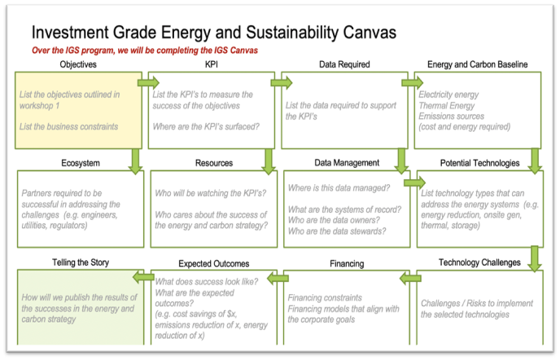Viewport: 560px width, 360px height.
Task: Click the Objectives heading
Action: [78, 64]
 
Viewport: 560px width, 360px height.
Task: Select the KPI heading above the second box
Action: [212, 64]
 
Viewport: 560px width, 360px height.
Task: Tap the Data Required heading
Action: [344, 64]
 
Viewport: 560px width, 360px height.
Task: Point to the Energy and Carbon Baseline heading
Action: [477, 64]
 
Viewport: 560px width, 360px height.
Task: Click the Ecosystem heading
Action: [81, 164]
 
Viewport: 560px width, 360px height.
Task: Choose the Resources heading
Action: [214, 164]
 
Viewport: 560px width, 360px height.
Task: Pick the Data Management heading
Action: [347, 163]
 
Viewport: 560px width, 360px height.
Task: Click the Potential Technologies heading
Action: [479, 164]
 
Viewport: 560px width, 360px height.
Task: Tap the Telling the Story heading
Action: [81, 263]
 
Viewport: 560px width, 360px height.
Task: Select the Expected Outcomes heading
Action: [214, 264]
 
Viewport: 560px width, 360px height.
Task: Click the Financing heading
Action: [347, 264]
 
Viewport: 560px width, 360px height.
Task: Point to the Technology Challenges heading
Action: [479, 263]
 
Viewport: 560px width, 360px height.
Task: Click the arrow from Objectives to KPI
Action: [148, 83]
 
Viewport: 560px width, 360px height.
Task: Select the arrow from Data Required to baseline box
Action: [412, 83]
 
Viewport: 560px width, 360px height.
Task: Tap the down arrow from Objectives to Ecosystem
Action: [135, 161]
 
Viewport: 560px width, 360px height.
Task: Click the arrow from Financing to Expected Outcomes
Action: [278, 278]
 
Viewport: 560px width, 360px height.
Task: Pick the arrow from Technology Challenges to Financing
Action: [411, 278]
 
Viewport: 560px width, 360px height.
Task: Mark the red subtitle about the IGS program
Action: [145, 50]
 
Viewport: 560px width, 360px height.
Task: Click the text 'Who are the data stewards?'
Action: [337, 231]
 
